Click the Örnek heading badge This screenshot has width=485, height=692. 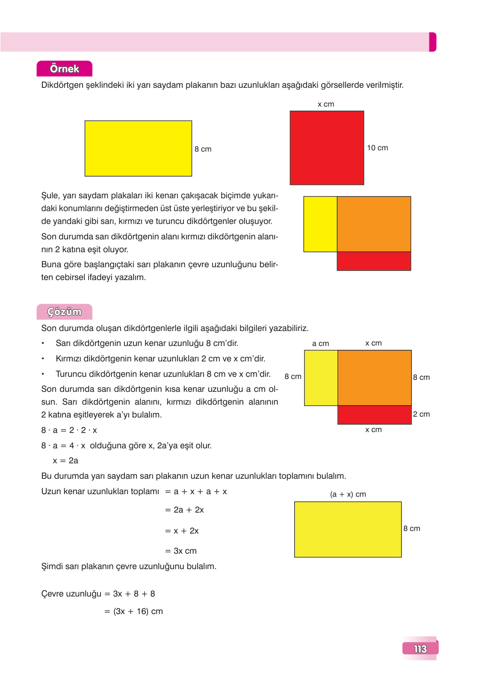[x=64, y=69]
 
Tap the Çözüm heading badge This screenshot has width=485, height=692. [x=64, y=312]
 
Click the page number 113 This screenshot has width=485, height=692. [x=420, y=649]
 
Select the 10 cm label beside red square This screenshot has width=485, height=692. [x=377, y=148]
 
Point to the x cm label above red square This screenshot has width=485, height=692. [x=326, y=104]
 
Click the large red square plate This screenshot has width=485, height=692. [x=327, y=148]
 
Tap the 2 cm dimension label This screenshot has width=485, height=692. [x=421, y=414]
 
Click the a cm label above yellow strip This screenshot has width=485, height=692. [x=320, y=343]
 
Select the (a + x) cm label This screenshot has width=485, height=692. [x=348, y=494]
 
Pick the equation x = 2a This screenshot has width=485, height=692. [x=65, y=461]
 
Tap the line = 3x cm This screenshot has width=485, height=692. [x=181, y=551]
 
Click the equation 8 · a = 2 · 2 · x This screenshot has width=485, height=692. [x=69, y=430]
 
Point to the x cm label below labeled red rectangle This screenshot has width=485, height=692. [x=373, y=430]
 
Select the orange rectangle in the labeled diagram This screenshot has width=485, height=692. [x=374, y=378]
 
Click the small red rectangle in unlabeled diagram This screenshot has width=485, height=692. [x=374, y=261]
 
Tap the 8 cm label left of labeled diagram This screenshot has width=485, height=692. [x=293, y=376]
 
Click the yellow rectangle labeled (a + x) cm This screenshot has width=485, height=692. [x=348, y=529]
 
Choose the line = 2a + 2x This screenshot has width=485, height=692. [x=184, y=510]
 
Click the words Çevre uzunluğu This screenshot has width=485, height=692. [x=71, y=594]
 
